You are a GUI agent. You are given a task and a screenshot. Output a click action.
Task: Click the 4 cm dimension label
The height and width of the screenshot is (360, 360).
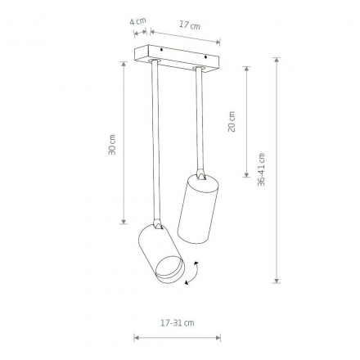tap(138, 21)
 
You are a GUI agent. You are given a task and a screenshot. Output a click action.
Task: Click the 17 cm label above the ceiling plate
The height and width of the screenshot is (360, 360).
tap(190, 25)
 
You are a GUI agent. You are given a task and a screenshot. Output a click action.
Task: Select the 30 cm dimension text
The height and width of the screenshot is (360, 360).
tap(112, 145)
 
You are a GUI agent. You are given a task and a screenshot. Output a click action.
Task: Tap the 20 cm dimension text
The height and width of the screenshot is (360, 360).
tap(232, 122)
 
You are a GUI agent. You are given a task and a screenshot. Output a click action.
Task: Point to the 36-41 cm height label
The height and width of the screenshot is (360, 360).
tap(261, 169)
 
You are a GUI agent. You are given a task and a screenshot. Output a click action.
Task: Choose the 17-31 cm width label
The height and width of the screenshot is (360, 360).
tap(178, 323)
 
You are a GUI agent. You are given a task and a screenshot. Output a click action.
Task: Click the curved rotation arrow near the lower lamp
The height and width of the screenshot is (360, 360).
tap(192, 273)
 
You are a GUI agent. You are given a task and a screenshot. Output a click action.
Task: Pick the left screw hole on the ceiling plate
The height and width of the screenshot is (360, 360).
tap(162, 50)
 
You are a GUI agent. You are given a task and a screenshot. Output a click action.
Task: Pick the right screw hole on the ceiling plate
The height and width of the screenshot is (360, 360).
tap(205, 57)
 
